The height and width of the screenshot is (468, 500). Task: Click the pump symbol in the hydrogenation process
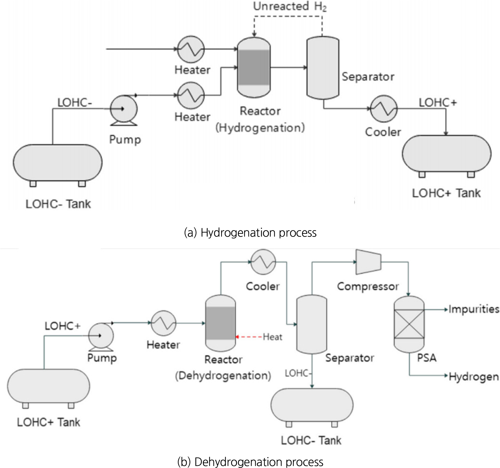point(124,109)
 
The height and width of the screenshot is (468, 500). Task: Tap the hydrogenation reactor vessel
point(254,68)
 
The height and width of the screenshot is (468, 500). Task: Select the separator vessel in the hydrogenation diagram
point(323,68)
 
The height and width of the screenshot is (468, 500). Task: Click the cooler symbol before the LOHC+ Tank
point(384,109)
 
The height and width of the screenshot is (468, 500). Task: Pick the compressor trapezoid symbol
point(368,262)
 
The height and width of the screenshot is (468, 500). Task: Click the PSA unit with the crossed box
point(409,324)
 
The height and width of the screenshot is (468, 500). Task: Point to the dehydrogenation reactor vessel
point(220,323)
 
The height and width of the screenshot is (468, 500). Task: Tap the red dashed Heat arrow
point(249,337)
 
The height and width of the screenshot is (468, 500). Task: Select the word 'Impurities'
point(474,309)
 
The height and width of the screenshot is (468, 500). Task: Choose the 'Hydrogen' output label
point(474,377)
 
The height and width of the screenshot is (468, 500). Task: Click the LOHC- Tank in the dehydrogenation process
point(312,405)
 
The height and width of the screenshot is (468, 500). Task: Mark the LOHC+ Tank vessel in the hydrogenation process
point(447,154)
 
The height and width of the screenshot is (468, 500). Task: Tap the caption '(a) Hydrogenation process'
point(250,233)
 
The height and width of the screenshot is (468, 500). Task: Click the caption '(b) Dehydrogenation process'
point(250,462)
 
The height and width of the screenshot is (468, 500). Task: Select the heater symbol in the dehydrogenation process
point(163,323)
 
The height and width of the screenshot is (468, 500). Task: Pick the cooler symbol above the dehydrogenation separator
point(263,262)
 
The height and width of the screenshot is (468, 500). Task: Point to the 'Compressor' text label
point(368,287)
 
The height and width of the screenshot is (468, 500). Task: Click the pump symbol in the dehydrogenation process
point(101,335)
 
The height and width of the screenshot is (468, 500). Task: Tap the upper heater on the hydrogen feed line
point(191,49)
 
